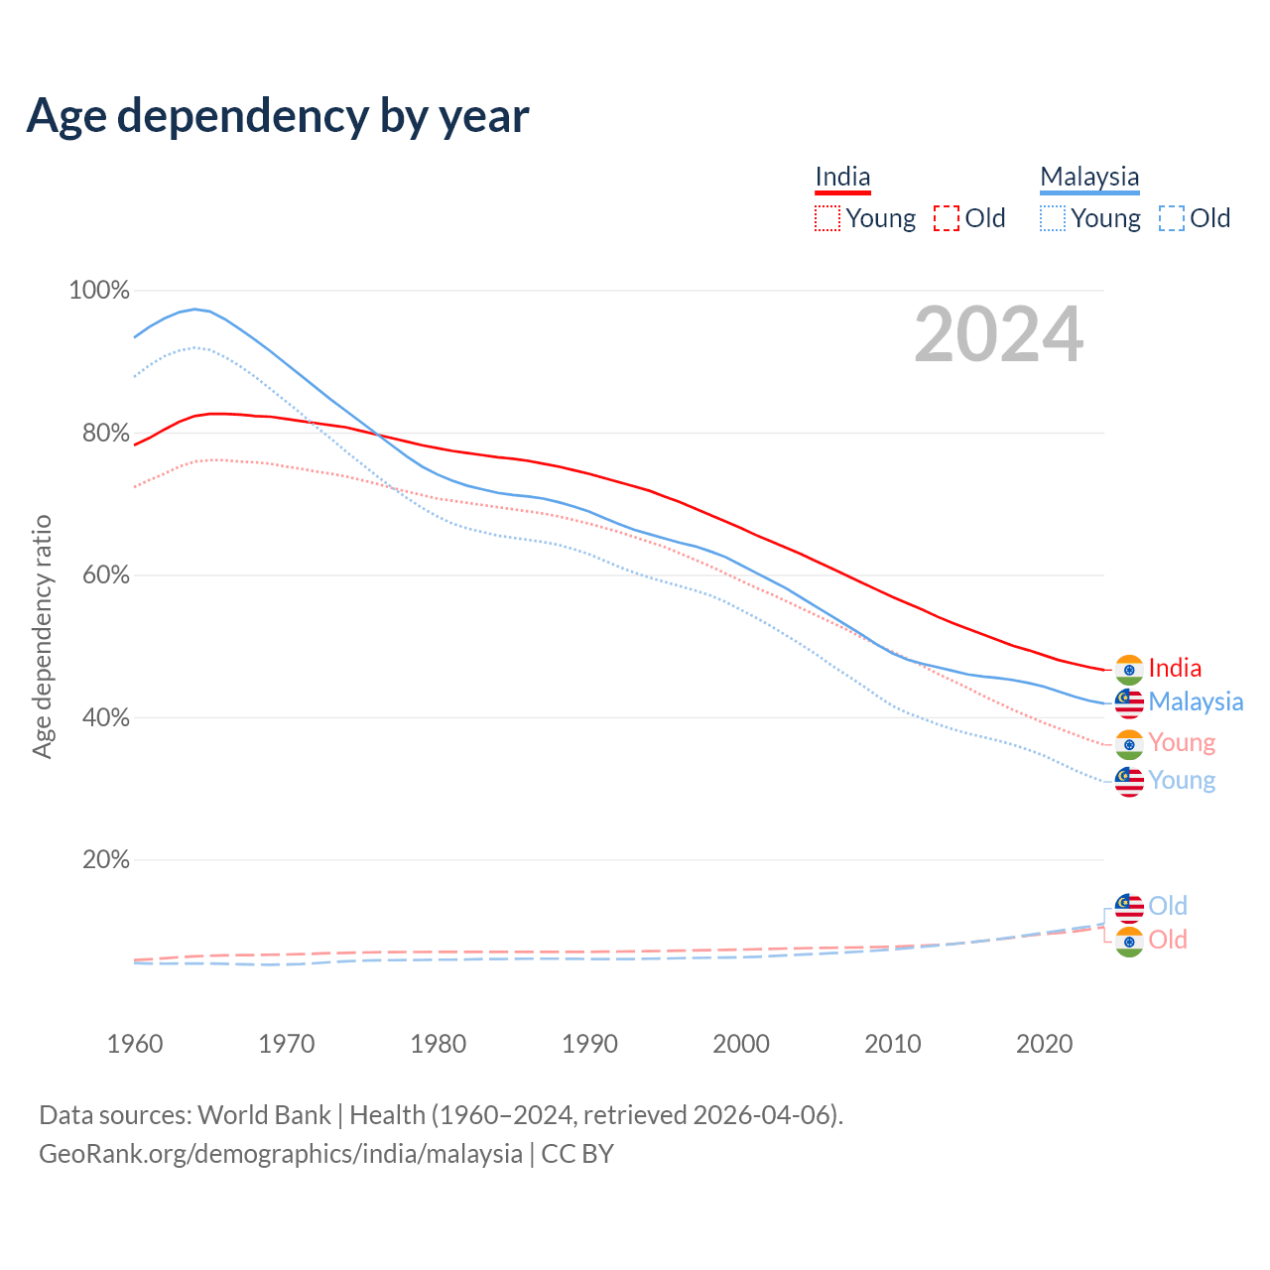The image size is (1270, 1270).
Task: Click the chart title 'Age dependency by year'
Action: pos(278,116)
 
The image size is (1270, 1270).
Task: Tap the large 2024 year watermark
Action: pos(998,334)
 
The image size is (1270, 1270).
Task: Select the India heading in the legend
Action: pos(842,177)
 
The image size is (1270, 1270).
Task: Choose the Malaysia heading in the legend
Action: pos(1089,177)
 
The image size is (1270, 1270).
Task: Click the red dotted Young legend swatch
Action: pos(826,218)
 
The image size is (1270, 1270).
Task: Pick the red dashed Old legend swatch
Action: pos(947,218)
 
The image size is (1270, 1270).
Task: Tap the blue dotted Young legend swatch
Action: pos(1053,218)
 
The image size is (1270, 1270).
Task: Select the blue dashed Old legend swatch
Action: pos(1172,218)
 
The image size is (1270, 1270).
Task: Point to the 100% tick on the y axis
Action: pos(99,291)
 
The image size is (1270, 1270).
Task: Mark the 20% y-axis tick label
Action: pos(105,860)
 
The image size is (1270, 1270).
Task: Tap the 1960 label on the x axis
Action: pos(135,1044)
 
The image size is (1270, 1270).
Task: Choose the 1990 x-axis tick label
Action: pos(589,1044)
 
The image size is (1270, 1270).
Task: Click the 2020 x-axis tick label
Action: pos(1044,1044)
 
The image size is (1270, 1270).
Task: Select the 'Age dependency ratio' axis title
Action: pos(42,636)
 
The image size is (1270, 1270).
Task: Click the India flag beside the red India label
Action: pos(1129,670)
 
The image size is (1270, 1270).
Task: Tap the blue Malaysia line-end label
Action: pos(1196,702)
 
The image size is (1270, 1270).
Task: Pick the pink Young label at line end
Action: pos(1182,743)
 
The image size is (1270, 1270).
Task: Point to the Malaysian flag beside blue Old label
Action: pos(1129,907)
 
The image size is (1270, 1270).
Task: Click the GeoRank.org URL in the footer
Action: pos(281,1154)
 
